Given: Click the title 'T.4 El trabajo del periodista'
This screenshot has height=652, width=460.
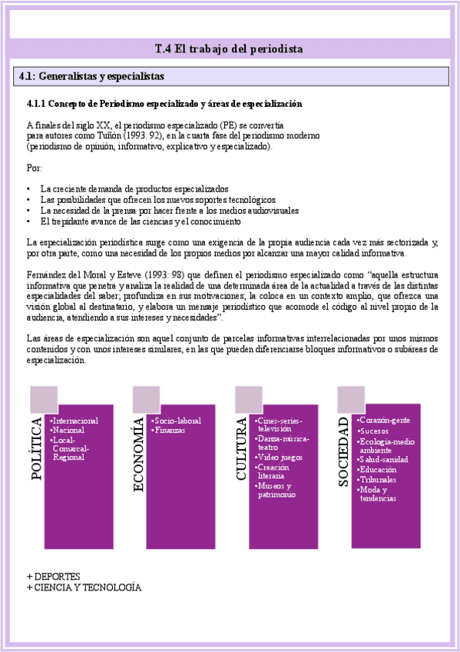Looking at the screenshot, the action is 229,48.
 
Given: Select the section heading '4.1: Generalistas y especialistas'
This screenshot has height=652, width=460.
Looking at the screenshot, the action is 91,77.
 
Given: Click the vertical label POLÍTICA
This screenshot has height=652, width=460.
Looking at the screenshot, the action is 38,449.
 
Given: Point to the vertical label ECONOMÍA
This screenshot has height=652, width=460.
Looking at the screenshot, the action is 140,452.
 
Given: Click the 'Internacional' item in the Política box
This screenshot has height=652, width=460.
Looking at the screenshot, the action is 75,421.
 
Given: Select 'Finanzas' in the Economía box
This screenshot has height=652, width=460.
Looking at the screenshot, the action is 170,430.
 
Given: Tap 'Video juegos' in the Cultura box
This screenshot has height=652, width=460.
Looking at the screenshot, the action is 281,457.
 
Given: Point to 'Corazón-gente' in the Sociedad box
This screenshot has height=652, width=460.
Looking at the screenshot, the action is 386,421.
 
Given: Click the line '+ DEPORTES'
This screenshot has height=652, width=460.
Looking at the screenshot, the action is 54,576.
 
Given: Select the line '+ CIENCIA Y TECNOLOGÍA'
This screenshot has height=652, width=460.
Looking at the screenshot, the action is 84,587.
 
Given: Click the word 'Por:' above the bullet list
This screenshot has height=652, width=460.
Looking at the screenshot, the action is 34,168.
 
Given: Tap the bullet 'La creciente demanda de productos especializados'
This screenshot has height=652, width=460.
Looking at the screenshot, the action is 134,188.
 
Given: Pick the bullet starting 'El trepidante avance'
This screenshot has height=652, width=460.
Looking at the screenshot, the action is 135,221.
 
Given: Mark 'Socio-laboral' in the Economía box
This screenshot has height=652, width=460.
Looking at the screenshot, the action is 177,421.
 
